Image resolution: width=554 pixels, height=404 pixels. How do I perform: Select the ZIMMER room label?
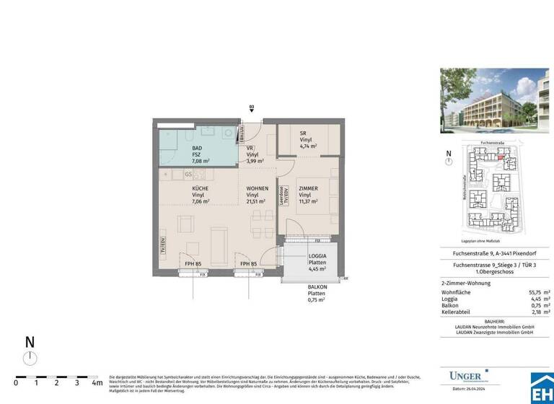click(309, 188)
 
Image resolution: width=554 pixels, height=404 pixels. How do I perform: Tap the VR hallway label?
click(250, 147)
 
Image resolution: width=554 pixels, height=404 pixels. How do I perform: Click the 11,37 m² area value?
click(309, 202)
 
